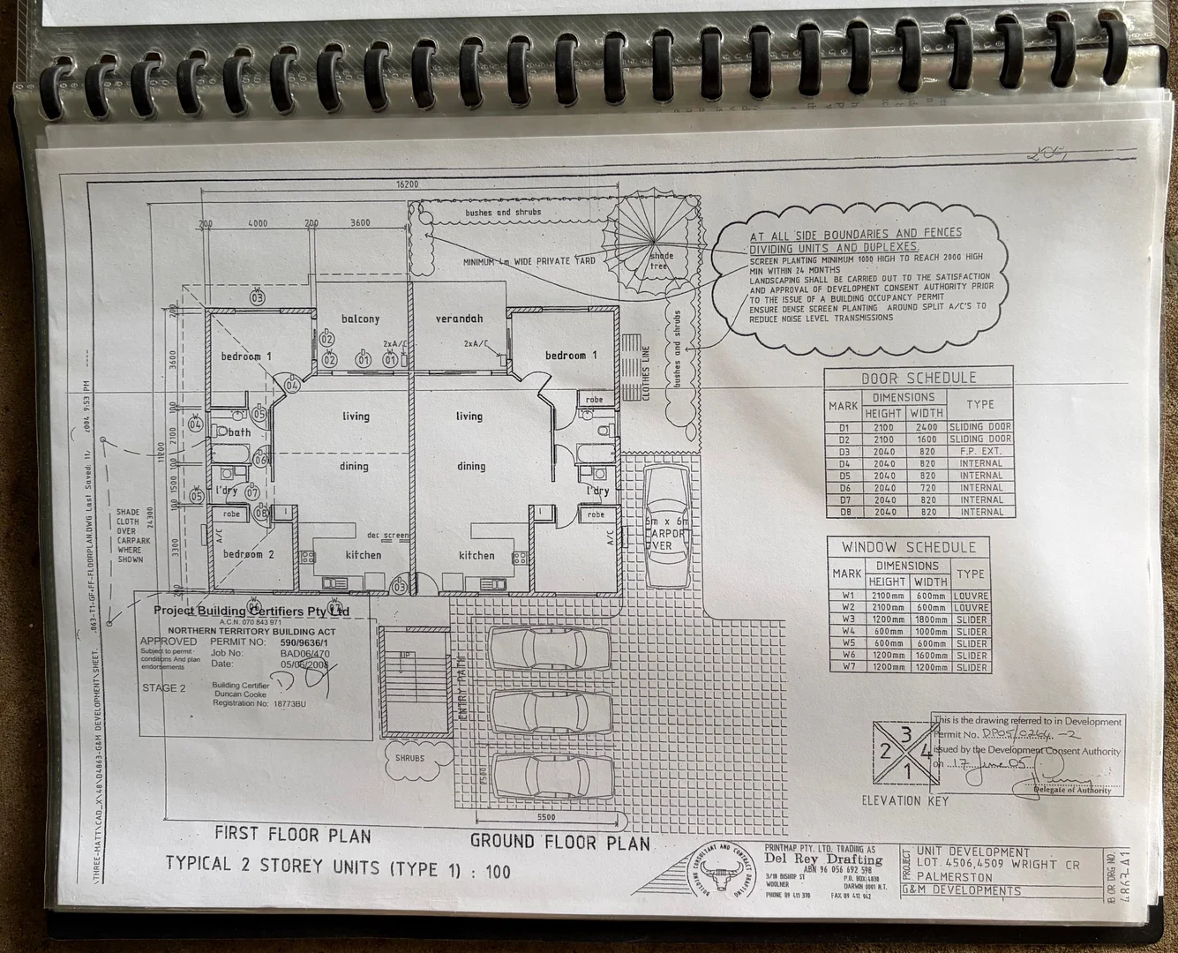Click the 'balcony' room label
(x=360, y=319)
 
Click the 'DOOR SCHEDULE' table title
(x=919, y=378)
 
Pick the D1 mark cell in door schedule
(x=843, y=426)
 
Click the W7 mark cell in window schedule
(x=846, y=667)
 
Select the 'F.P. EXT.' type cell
(x=981, y=451)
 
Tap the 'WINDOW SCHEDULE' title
(x=908, y=547)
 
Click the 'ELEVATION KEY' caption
(x=904, y=801)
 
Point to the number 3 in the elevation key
(x=905, y=734)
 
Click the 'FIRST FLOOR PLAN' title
(x=293, y=834)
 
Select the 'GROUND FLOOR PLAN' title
(x=559, y=842)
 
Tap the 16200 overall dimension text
(x=407, y=184)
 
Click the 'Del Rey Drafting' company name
(x=834, y=859)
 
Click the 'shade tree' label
(x=661, y=260)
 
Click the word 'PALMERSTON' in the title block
(x=954, y=877)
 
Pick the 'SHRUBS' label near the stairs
(x=409, y=758)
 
